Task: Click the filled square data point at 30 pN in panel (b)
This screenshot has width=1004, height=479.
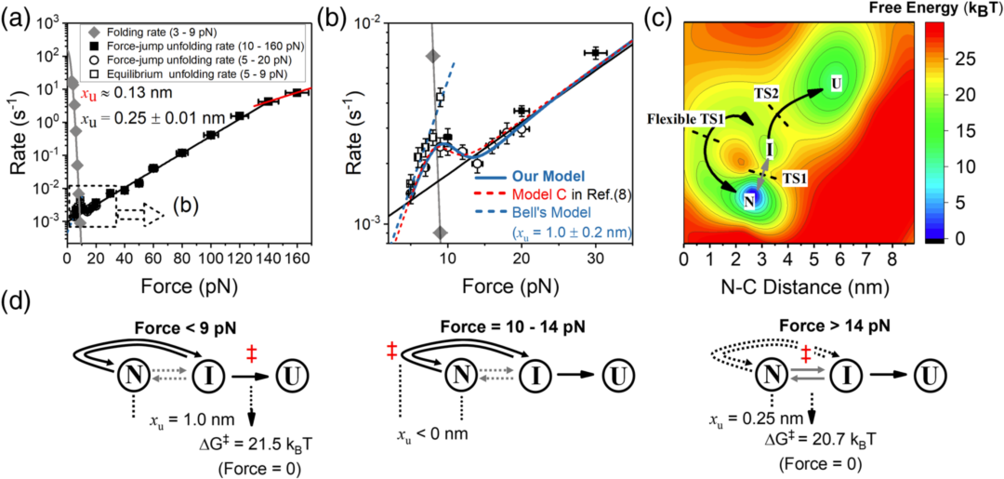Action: [596, 53]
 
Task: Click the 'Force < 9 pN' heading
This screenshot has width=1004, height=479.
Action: [160, 326]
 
